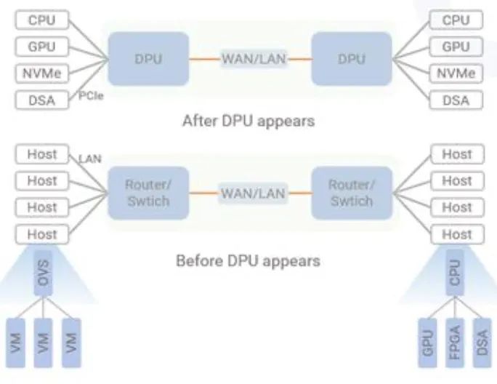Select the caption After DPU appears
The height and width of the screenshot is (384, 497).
[248, 121]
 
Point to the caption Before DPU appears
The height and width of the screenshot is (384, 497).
[248, 260]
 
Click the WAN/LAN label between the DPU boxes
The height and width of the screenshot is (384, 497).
[251, 58]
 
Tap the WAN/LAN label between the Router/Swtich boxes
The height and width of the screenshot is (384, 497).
[251, 193]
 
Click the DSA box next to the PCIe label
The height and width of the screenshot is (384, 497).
[42, 100]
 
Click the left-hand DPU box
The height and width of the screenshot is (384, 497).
[148, 59]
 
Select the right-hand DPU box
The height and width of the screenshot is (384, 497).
[351, 59]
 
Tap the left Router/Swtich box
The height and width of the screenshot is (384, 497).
[148, 193]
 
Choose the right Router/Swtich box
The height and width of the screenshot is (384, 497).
[351, 193]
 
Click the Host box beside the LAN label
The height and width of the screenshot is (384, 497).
[42, 154]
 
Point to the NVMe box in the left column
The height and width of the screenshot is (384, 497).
[42, 73]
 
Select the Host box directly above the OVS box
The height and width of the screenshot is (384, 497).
[42, 234]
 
